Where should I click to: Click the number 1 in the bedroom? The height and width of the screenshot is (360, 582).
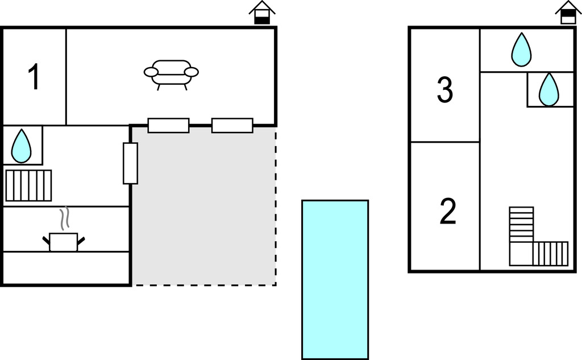pyautogui.click(x=34, y=77)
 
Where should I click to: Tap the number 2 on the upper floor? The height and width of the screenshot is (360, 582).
pyautogui.click(x=448, y=211)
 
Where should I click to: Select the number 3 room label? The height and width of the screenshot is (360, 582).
pyautogui.click(x=444, y=89)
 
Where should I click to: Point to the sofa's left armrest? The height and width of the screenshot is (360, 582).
pyautogui.click(x=151, y=72)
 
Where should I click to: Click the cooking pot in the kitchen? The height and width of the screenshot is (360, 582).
pyautogui.click(x=64, y=242)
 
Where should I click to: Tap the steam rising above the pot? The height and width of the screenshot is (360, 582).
pyautogui.click(x=65, y=218)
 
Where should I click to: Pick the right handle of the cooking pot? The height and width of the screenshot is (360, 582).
pyautogui.click(x=81, y=241)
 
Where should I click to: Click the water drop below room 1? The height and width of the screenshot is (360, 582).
pyautogui.click(x=21, y=146)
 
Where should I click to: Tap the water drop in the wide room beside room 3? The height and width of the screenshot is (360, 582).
pyautogui.click(x=521, y=50)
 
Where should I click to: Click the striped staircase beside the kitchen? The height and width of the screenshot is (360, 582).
pyautogui.click(x=28, y=185)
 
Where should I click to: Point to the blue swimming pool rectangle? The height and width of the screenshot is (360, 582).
pyautogui.click(x=335, y=280)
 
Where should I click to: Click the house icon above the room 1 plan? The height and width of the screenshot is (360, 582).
pyautogui.click(x=262, y=13)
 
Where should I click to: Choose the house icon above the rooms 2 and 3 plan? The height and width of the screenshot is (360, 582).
pyautogui.click(x=568, y=13)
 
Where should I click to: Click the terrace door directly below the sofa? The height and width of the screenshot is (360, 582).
pyautogui.click(x=168, y=125)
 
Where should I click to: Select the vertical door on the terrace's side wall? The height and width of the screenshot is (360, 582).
pyautogui.click(x=130, y=163)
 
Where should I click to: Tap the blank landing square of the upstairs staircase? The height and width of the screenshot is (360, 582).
pyautogui.click(x=521, y=254)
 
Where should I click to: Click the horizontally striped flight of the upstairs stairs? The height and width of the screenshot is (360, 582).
pyautogui.click(x=522, y=225)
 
